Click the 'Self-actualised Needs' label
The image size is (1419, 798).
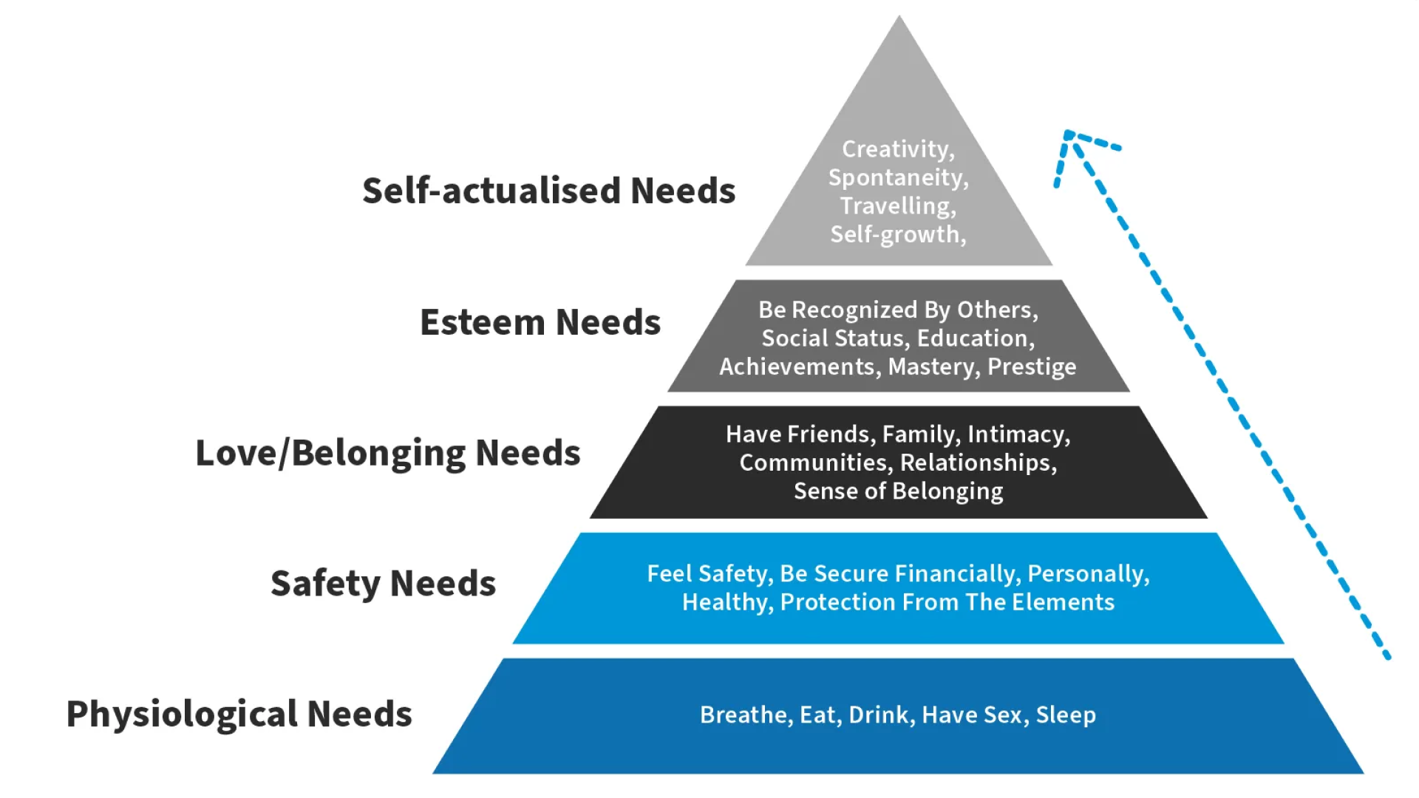coord(548,191)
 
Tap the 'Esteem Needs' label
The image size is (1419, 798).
coord(540,322)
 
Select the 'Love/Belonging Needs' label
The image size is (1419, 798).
coord(388,453)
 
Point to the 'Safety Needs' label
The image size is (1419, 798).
coord(383,584)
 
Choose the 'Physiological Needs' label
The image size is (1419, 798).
coord(239,715)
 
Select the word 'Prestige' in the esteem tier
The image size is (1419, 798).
coord(1032,367)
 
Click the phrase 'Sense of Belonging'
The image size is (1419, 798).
coord(898,491)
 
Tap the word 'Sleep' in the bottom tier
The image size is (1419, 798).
coord(1066,716)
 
